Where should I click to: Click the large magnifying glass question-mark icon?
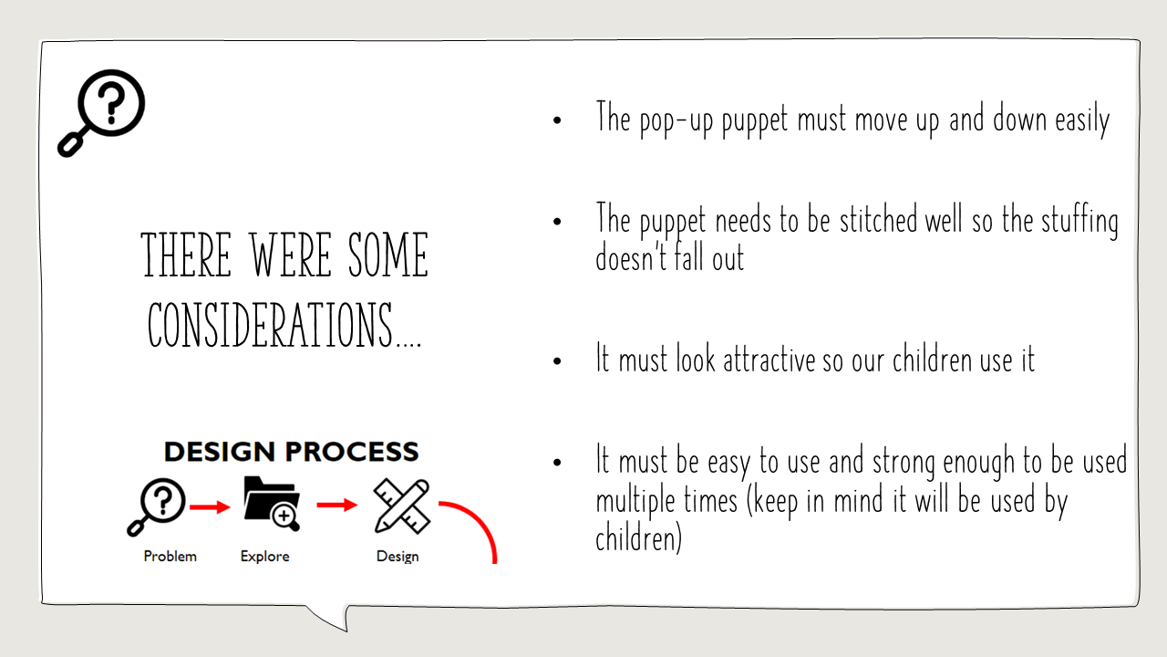click(x=102, y=112)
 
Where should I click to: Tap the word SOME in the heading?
click(x=388, y=255)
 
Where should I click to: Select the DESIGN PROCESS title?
click(x=291, y=452)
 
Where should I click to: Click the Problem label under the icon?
click(x=170, y=557)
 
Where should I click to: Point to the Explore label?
click(x=264, y=557)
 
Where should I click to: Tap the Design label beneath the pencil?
click(x=398, y=557)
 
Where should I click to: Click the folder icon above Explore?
click(x=272, y=504)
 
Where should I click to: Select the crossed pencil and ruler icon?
click(x=402, y=506)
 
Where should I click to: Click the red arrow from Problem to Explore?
click(x=210, y=506)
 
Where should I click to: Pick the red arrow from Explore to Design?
click(x=337, y=505)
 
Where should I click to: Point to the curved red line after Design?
click(x=480, y=519)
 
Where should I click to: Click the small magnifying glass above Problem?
click(x=156, y=506)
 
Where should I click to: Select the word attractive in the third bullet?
click(x=769, y=360)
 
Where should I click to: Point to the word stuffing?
click(x=1079, y=221)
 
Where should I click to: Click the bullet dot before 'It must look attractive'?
click(x=557, y=360)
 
